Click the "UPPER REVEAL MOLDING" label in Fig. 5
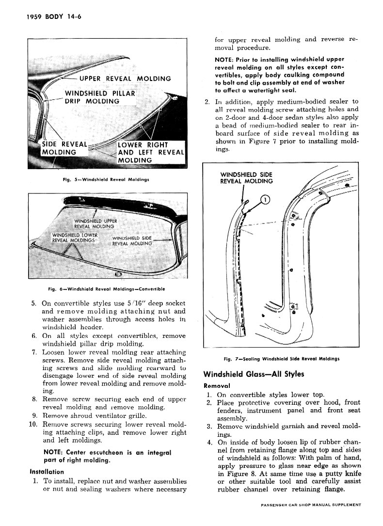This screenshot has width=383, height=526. tap(125, 79)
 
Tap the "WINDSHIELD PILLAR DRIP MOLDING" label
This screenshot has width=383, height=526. tap(99, 97)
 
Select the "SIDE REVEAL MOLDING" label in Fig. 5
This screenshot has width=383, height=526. tap(59, 148)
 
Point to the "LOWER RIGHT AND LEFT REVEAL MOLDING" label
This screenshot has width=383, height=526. tap(151, 152)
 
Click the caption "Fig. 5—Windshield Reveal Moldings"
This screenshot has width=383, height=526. tap(105, 179)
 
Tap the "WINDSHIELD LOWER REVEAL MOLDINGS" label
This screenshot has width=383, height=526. tap(75, 238)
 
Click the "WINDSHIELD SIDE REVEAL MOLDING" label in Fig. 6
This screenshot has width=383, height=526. tap(132, 241)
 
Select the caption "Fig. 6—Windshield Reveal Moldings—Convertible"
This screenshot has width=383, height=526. tap(107, 289)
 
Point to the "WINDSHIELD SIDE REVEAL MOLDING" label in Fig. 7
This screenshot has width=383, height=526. tap(246, 178)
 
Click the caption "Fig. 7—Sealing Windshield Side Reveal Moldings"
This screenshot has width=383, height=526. tap(281, 359)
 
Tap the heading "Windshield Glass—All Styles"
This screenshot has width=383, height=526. tap(254, 374)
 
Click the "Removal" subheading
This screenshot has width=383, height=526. tap(217, 386)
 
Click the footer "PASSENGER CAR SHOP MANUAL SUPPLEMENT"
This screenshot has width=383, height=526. tap(310, 505)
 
